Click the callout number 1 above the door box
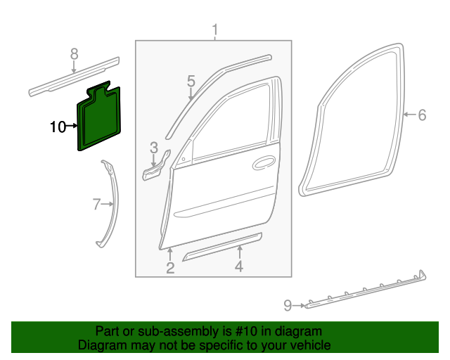(216, 30)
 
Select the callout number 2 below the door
(170, 267)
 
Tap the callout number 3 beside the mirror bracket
(153, 147)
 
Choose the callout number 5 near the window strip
(191, 82)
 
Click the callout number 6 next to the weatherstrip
(422, 115)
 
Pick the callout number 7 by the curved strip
(97, 205)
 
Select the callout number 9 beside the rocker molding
(288, 305)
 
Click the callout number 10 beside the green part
(58, 127)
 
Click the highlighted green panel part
(98, 120)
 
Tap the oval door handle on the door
(264, 163)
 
